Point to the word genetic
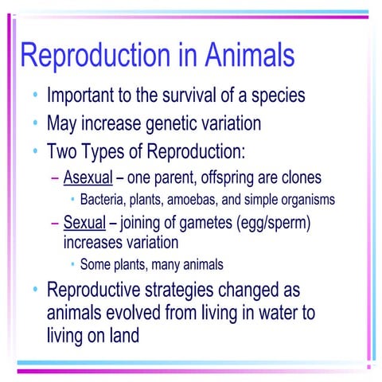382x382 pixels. coord(173,124)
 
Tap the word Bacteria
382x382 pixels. coord(104,199)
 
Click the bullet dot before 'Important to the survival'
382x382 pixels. coord(36,98)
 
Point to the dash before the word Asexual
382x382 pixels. coord(55,177)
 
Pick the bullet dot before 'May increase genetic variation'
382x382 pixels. coord(36,124)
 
